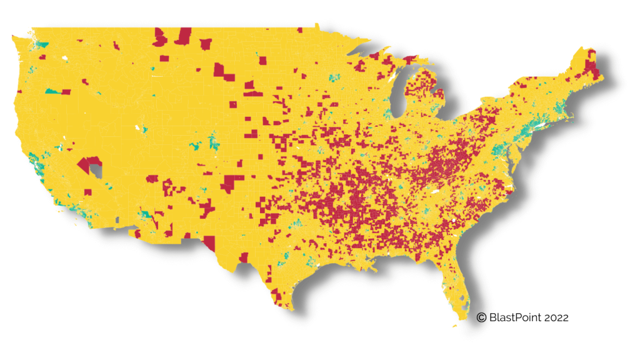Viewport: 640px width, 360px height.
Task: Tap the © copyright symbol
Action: coord(481,317)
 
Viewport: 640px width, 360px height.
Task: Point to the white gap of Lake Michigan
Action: coord(399,94)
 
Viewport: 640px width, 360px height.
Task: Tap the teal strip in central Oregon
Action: coord(55,92)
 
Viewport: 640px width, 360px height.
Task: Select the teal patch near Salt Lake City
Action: coord(144,129)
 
